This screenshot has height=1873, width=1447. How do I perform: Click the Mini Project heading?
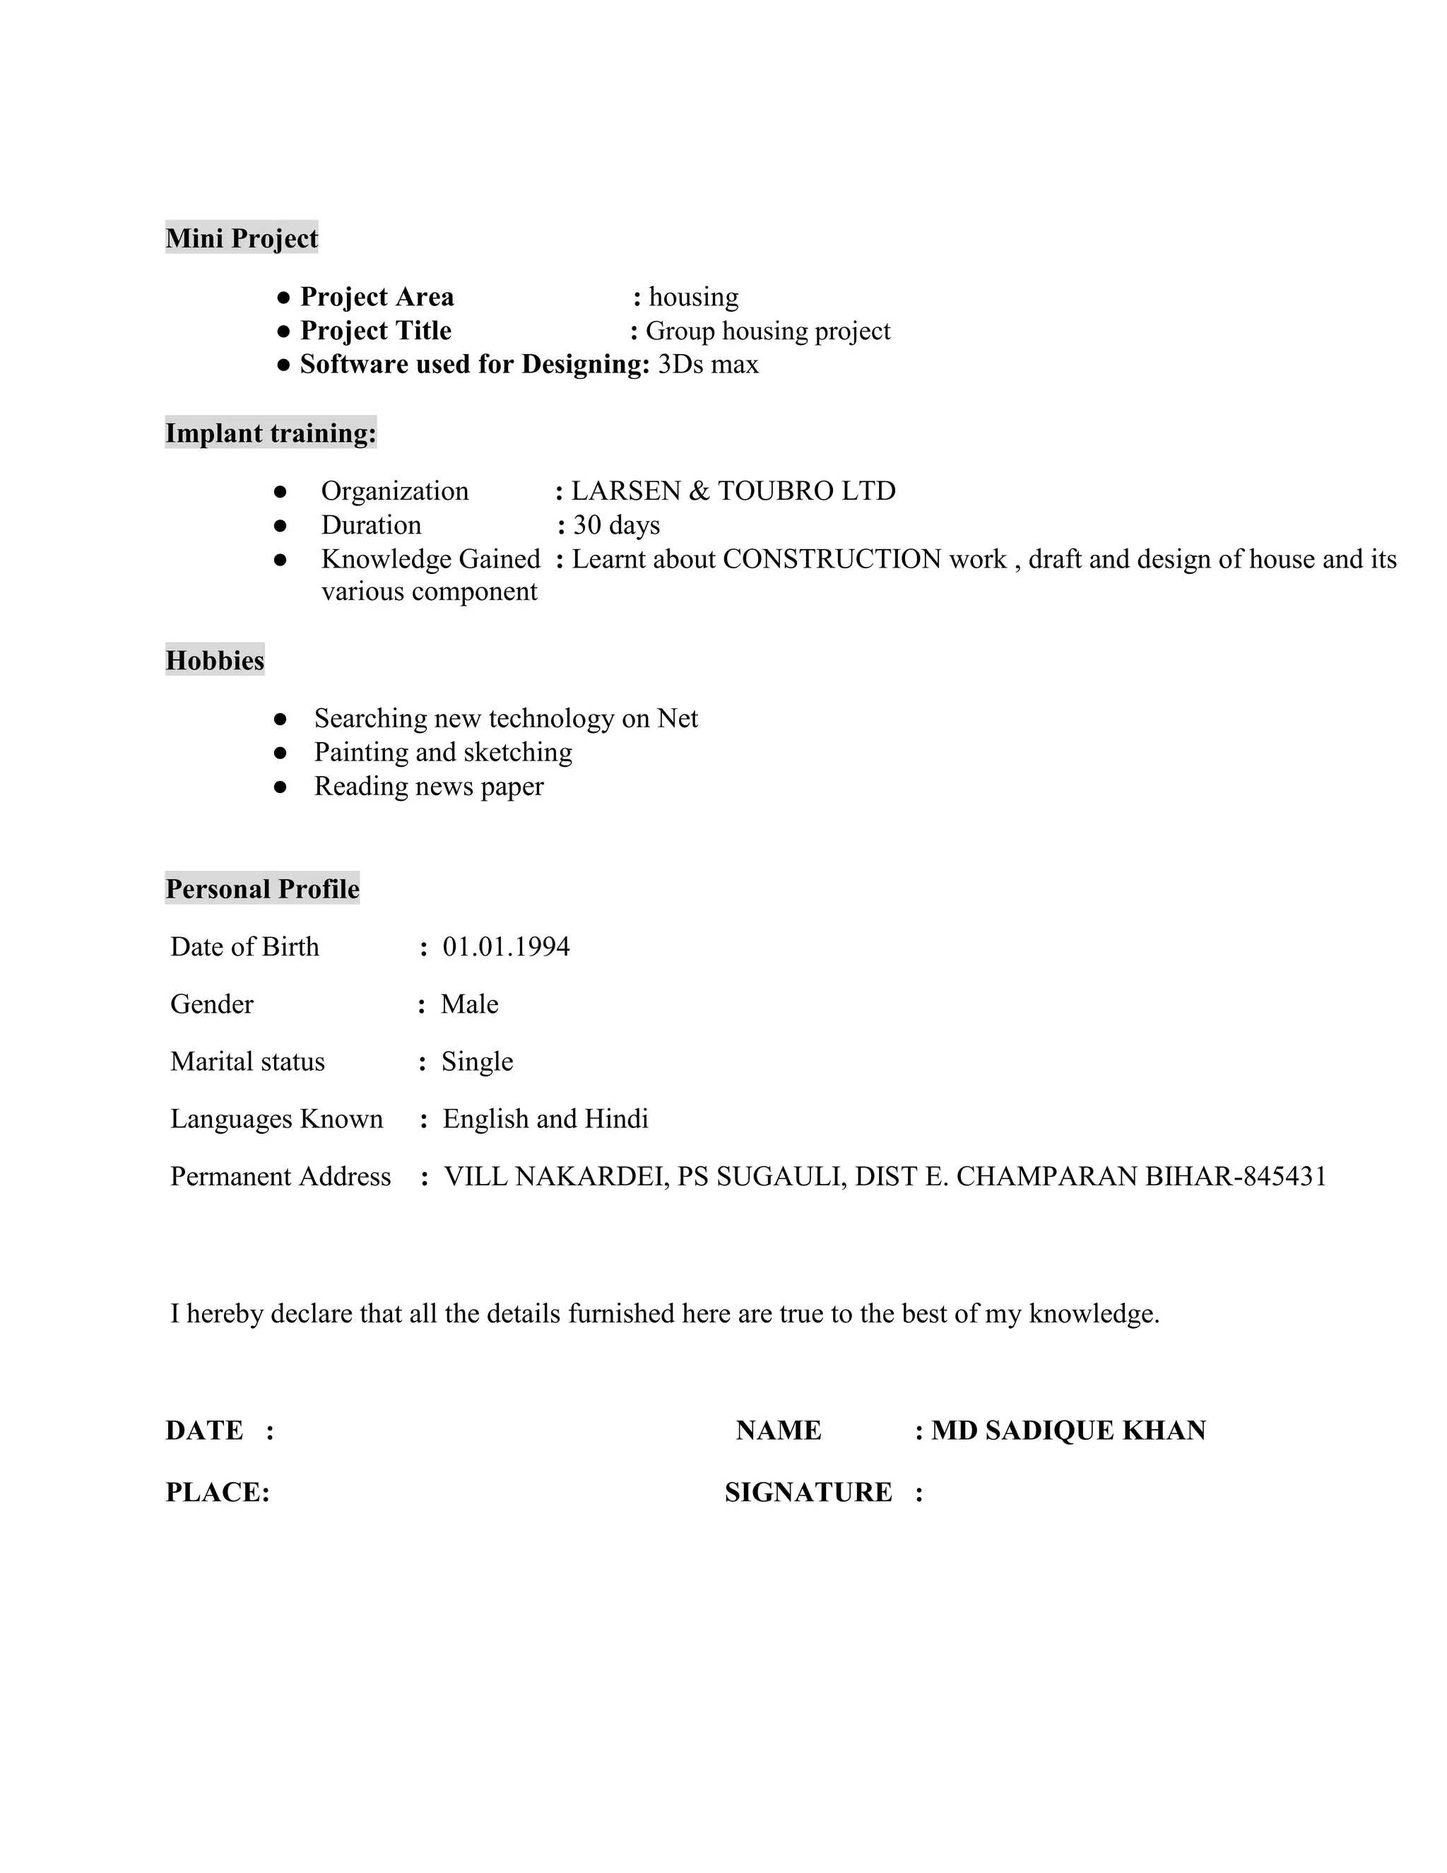pos(241,237)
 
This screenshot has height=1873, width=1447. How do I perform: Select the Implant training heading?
pos(270,433)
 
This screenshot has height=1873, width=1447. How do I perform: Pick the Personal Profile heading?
pos(262,888)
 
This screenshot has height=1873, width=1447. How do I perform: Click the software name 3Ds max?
pos(708,365)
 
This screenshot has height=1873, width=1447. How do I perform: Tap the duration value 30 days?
pos(616,525)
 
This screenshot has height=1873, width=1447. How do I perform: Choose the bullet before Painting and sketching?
pos(280,752)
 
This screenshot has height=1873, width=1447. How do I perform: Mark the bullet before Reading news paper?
pos(280,787)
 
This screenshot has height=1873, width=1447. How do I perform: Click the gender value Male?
pos(469,1004)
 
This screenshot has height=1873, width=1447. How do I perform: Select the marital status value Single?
pos(477,1061)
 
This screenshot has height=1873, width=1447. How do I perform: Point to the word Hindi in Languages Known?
pos(615,1118)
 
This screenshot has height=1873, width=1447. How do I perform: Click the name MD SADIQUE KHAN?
pos(1068,1430)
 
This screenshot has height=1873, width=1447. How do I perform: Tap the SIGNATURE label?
pos(808,1492)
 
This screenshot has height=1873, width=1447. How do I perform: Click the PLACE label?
pos(217,1492)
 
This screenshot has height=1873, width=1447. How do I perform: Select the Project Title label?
pos(375,330)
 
